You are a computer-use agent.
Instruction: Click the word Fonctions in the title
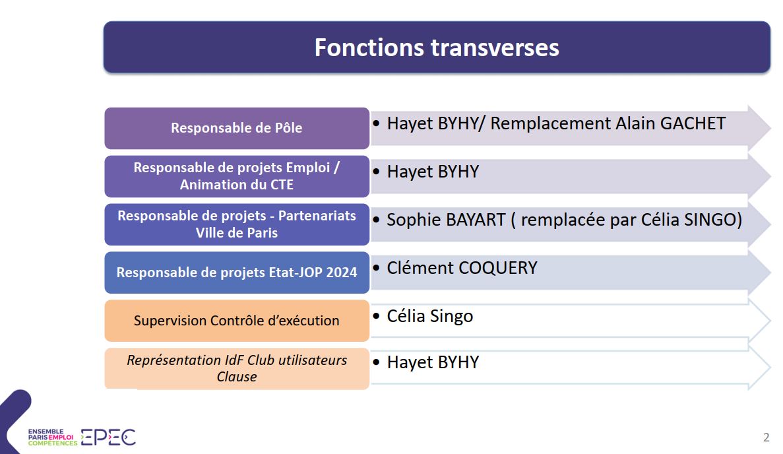pyautogui.click(x=369, y=48)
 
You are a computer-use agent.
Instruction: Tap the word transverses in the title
pyautogui.click(x=495, y=48)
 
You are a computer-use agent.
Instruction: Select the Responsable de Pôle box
pyautogui.click(x=237, y=128)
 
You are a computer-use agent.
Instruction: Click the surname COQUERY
pyautogui.click(x=497, y=268)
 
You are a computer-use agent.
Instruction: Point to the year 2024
pyautogui.click(x=342, y=273)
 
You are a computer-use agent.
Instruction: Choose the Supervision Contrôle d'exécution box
pyautogui.click(x=237, y=321)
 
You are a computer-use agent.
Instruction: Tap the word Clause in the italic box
pyautogui.click(x=237, y=377)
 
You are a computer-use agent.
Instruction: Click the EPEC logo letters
pyautogui.click(x=108, y=437)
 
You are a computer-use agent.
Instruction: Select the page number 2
pyautogui.click(x=767, y=438)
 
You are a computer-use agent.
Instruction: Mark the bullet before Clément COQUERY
pyautogui.click(x=376, y=268)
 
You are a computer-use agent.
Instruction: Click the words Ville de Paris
pyautogui.click(x=237, y=233)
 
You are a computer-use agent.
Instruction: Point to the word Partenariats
pyautogui.click(x=317, y=216)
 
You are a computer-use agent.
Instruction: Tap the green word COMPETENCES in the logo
pyautogui.click(x=53, y=443)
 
